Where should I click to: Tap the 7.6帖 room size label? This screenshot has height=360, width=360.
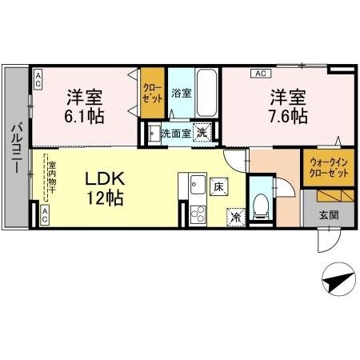288,116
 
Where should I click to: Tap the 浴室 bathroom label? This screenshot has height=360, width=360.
181,93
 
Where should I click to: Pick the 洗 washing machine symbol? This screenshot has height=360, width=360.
203,134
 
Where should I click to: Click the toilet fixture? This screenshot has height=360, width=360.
260,206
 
